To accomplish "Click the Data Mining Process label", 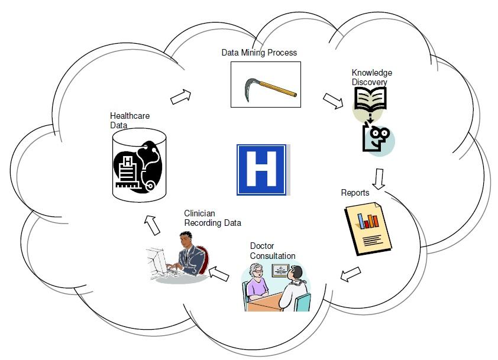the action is click(259, 53).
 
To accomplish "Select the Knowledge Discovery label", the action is click(371, 77).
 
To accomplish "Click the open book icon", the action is click(370, 99).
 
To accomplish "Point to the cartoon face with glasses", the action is click(378, 139).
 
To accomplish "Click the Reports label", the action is click(355, 193).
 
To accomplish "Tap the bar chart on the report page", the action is click(368, 220).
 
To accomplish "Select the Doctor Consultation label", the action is click(273, 251).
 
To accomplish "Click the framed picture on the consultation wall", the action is click(280, 271).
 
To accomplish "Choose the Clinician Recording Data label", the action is click(212, 218).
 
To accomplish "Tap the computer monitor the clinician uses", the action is click(158, 261).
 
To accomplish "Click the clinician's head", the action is click(186, 239).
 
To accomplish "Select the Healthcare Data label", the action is click(130, 121).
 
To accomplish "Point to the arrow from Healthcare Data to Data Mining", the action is click(181, 97).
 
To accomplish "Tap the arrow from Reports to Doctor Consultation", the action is click(350, 274).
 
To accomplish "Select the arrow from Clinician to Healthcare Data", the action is click(152, 225).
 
